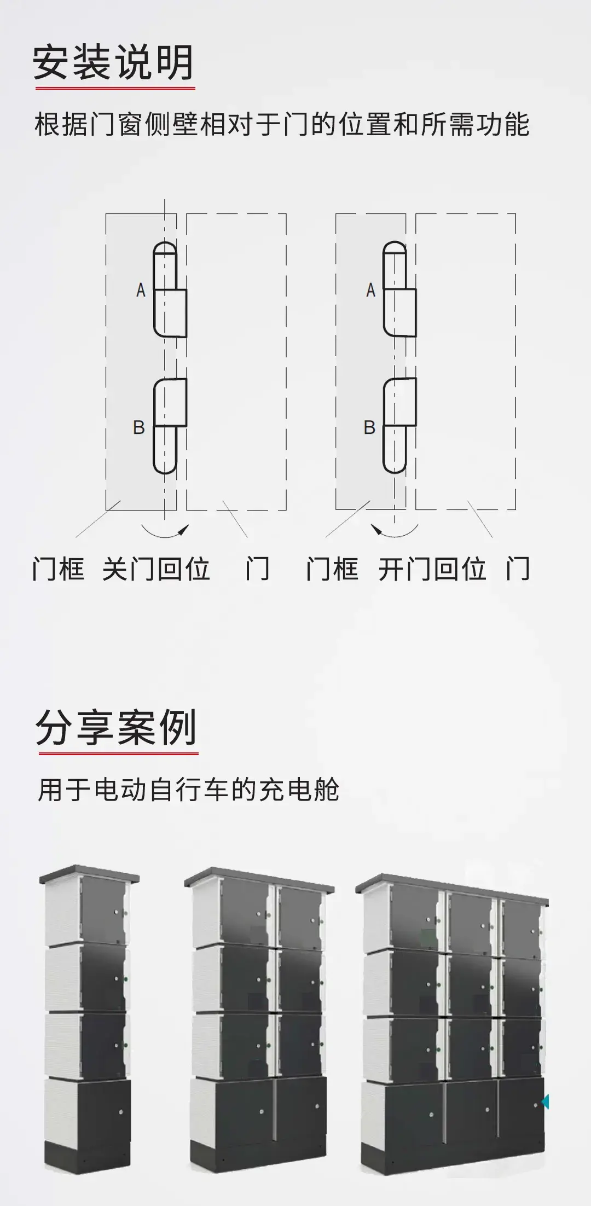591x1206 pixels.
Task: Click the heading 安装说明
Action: (113, 62)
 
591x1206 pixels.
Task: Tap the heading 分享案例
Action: (117, 728)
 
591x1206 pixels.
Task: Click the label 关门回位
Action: (157, 569)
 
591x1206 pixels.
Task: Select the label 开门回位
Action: (432, 569)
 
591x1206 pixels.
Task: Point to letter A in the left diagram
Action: (141, 290)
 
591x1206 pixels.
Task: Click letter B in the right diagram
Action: (369, 427)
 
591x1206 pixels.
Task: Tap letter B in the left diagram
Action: (139, 427)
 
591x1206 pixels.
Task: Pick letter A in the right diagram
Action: (371, 290)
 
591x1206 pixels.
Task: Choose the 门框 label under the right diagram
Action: (333, 569)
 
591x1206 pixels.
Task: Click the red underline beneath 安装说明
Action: (115, 88)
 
